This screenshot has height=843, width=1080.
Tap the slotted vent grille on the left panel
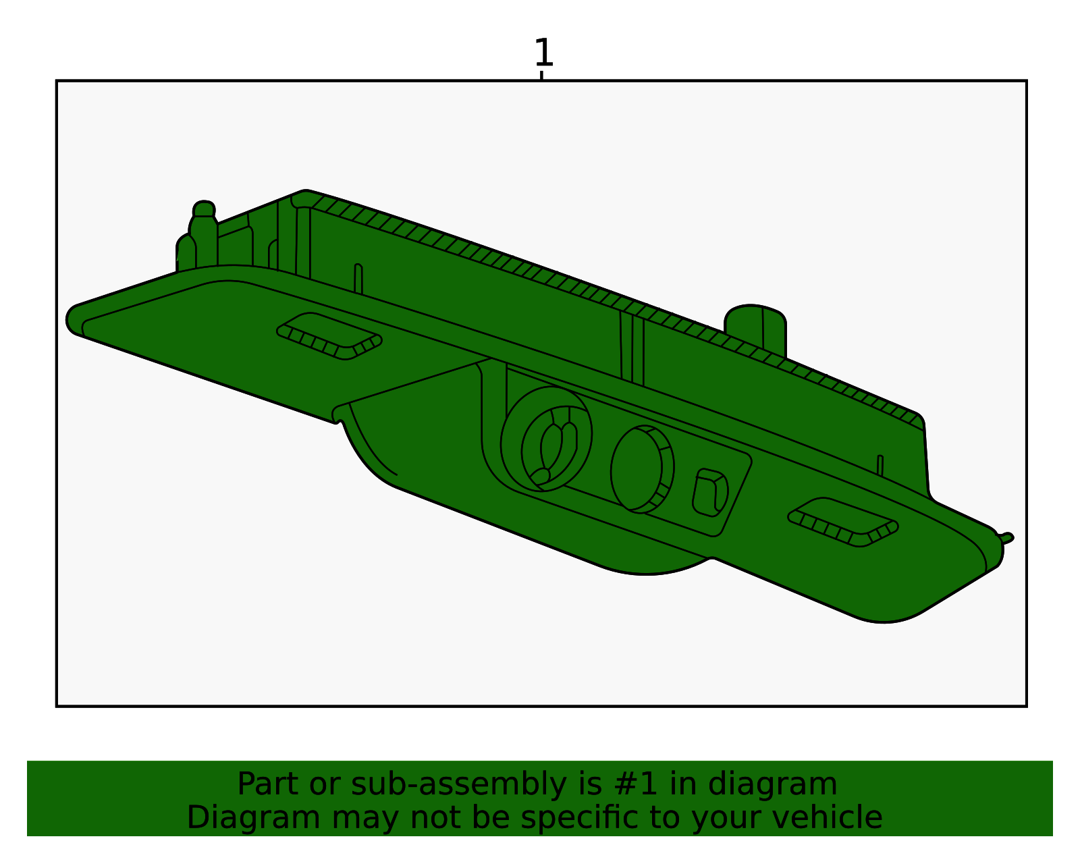(x=329, y=336)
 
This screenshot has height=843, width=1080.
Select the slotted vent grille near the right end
(x=842, y=522)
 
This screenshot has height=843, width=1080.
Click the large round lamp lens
(x=546, y=439)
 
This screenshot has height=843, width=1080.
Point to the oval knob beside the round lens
(x=642, y=469)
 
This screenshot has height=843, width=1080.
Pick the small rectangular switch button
(x=709, y=493)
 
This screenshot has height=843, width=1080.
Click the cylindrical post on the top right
(x=755, y=330)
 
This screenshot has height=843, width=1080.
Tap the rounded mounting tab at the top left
(x=203, y=234)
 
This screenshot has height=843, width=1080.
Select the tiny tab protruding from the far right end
(x=1006, y=538)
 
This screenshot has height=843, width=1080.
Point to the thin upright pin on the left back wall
(x=358, y=279)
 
